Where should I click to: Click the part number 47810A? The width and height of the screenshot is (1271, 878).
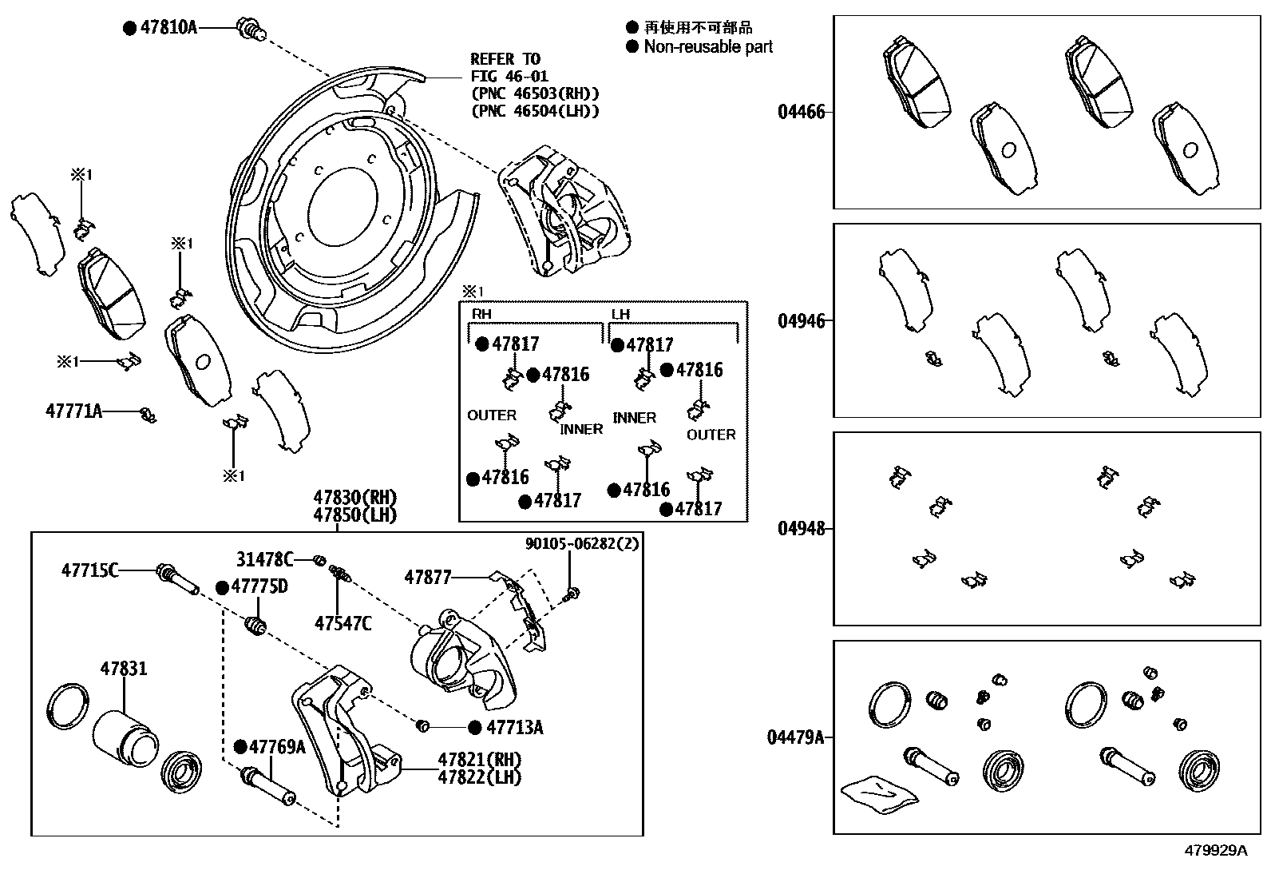click(168, 27)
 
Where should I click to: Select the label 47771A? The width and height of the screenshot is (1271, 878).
click(73, 411)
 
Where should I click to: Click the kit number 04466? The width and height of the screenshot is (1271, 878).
click(802, 112)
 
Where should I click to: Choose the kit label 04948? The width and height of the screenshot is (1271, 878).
click(802, 528)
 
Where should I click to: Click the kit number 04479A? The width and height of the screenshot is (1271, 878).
click(796, 737)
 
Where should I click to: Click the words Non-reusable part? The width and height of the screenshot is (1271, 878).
click(708, 47)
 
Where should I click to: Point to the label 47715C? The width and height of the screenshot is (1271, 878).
click(90, 570)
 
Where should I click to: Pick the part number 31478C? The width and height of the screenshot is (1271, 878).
click(264, 558)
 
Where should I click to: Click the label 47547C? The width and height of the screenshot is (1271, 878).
click(342, 624)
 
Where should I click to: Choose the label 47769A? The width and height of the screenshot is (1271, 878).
click(277, 747)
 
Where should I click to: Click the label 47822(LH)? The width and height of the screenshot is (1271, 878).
click(479, 776)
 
